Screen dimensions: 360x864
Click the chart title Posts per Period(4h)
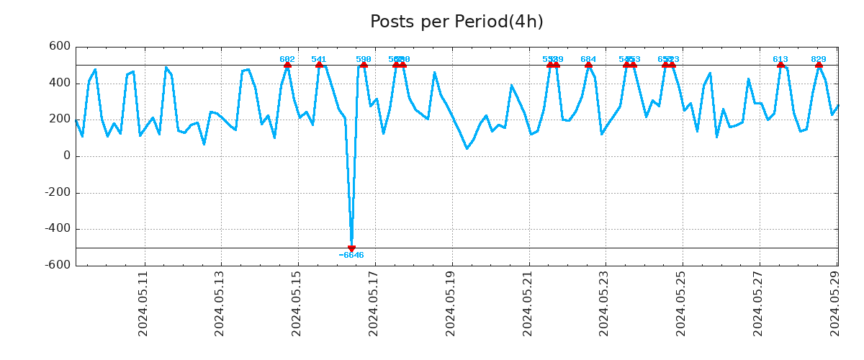point(456,22)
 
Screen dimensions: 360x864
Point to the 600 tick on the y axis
point(60,47)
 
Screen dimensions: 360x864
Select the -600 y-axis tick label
point(58,265)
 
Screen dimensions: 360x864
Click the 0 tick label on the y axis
point(67,156)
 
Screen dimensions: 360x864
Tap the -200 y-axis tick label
point(58,192)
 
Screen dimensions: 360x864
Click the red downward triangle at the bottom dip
point(351,249)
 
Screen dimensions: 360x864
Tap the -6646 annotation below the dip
point(351,256)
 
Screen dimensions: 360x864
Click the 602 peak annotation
point(287,59)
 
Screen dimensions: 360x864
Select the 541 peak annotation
point(319,59)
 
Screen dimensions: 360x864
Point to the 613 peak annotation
point(780,59)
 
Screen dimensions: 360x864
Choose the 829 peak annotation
point(819,59)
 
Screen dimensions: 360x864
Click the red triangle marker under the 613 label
point(780,65)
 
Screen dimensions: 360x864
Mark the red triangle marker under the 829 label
point(819,65)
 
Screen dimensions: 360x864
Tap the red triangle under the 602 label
point(287,65)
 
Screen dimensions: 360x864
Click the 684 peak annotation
point(588,59)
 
